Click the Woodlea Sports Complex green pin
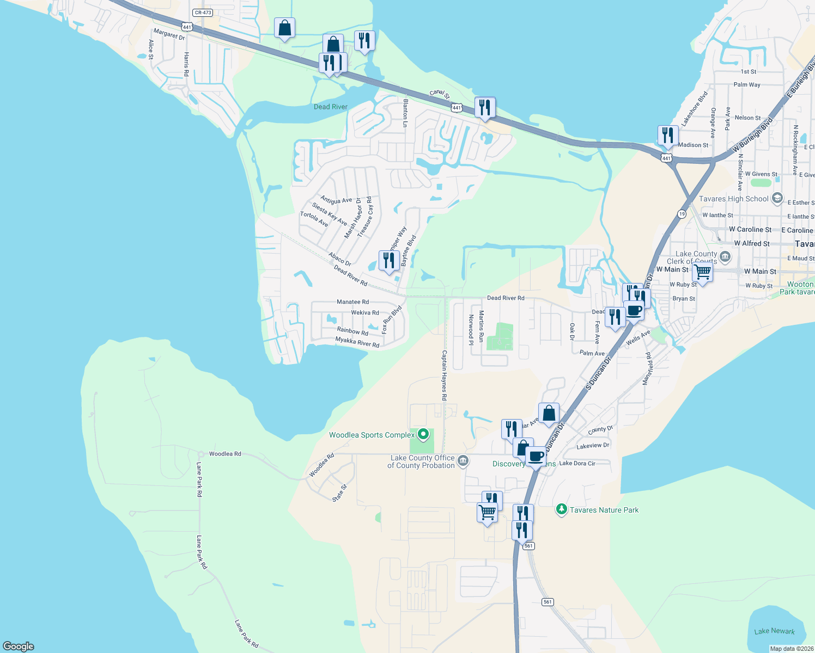point(423,435)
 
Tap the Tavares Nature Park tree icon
point(561,509)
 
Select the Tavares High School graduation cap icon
point(777,198)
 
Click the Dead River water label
point(330,107)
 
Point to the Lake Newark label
point(774,631)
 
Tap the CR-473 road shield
point(203,13)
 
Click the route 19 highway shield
point(682,214)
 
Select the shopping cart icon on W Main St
point(702,271)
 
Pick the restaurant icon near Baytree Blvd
point(388,261)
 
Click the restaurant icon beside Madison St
point(668,135)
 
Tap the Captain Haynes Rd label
point(444,375)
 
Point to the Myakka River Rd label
point(357,342)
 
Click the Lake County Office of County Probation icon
point(463,461)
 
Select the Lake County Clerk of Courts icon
point(725,256)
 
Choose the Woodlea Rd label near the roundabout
point(224,454)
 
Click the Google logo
point(18,646)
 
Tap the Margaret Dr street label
point(169,34)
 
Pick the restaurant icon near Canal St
point(484,107)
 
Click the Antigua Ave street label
point(336,200)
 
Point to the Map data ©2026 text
point(791,649)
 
